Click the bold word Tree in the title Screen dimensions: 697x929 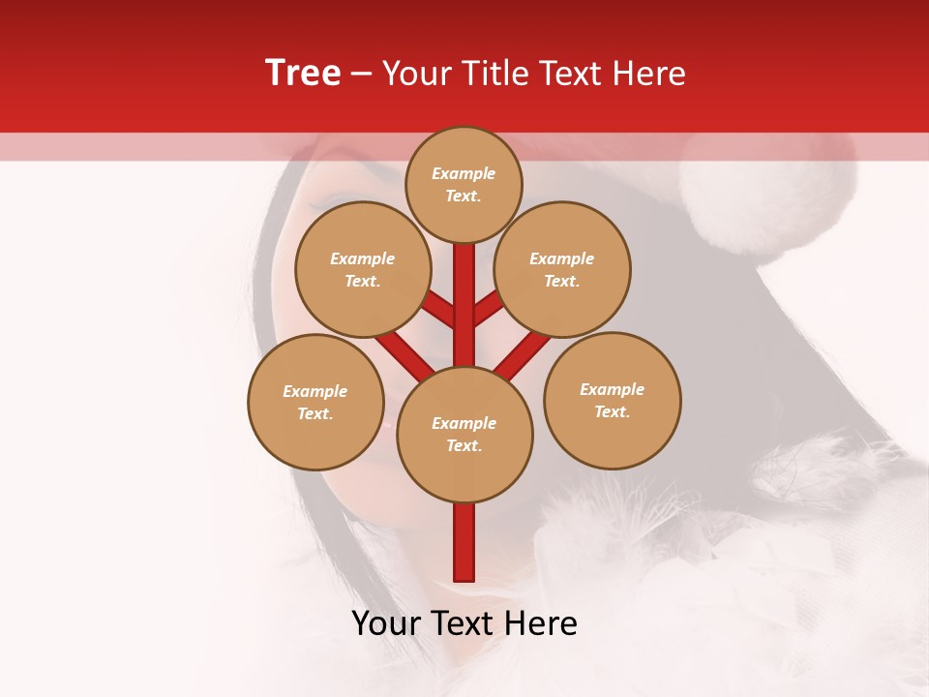coord(303,74)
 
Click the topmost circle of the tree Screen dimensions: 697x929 coord(464,184)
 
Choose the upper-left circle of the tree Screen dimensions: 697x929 coord(363,269)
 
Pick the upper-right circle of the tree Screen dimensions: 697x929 coord(562,269)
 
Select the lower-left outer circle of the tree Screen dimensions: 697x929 coord(315,402)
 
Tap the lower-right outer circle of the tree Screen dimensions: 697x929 coord(613,400)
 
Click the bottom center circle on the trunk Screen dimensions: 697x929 coord(464,435)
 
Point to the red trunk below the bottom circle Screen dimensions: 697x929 coord(464,542)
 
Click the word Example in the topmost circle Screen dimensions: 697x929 coord(464,173)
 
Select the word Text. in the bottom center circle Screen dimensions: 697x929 coord(464,446)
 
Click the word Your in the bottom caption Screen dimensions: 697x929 coord(386,623)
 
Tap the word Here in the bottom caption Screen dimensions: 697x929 coord(542,623)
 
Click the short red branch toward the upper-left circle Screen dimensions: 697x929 coord(440,310)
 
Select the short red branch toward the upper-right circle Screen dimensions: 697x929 coord(489,309)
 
